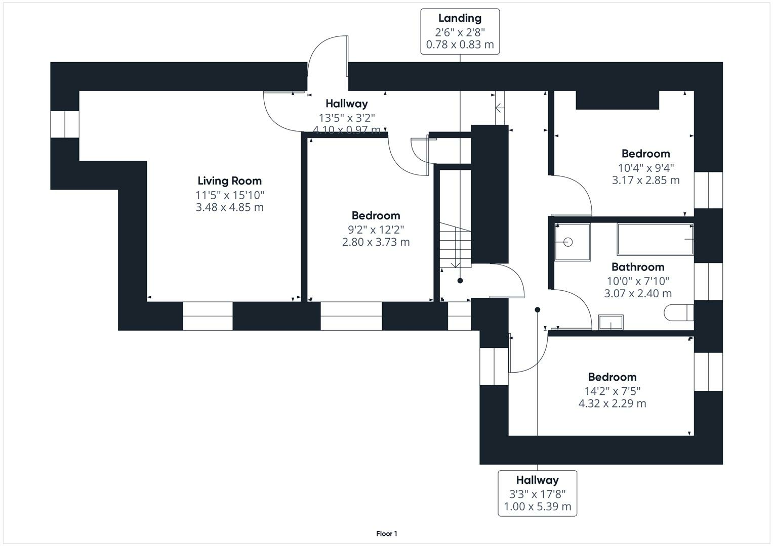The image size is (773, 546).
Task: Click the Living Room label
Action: (x=229, y=180)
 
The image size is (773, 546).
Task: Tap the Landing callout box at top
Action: (x=460, y=31)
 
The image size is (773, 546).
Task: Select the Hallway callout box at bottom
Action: (x=537, y=493)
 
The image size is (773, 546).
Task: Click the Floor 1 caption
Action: (x=386, y=533)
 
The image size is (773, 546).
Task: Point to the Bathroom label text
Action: (x=637, y=267)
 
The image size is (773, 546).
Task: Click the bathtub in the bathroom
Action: (x=655, y=240)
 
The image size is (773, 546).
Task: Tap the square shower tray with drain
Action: (x=572, y=242)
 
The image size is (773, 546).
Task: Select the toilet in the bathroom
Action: (x=678, y=312)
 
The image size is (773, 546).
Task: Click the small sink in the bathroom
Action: (x=611, y=322)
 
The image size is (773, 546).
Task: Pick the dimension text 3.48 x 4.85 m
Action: (x=229, y=207)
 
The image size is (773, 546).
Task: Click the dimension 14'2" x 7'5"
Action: (x=612, y=391)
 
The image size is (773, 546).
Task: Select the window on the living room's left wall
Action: (x=65, y=124)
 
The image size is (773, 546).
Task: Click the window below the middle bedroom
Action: (x=351, y=316)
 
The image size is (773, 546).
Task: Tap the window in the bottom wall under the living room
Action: (x=208, y=316)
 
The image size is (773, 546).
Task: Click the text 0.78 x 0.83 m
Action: (x=460, y=44)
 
